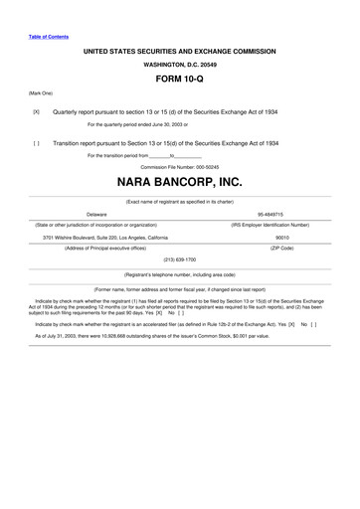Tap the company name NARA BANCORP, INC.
click(x=179, y=183)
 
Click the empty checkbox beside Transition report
click(x=37, y=142)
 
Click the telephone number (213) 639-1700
click(x=179, y=257)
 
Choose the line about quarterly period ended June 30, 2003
click(x=144, y=124)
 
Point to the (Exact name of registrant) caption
click(x=179, y=201)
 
